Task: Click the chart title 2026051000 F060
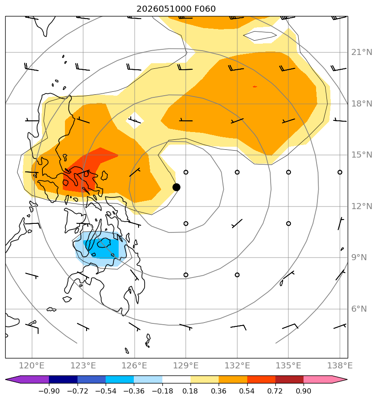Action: pos(176,9)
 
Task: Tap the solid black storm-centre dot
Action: pos(176,187)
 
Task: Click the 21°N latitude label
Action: pos(362,52)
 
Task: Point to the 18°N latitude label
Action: pos(362,104)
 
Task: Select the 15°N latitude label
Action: pos(362,155)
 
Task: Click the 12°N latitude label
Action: pos(362,206)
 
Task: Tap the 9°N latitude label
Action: pos(359,258)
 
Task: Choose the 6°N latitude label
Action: pos(359,309)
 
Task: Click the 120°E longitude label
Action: pos(32,366)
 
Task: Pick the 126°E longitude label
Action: pos(134,366)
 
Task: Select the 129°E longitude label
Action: pos(186,366)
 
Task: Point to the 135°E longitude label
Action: pos(288,366)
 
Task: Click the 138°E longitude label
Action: pos(340,366)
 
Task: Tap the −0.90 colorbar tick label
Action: pos(49,391)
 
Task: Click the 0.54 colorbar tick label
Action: pos(247,391)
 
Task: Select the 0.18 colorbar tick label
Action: pos(191,391)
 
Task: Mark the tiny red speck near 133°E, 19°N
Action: pos(255,87)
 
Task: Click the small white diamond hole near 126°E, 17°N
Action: pos(135,120)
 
